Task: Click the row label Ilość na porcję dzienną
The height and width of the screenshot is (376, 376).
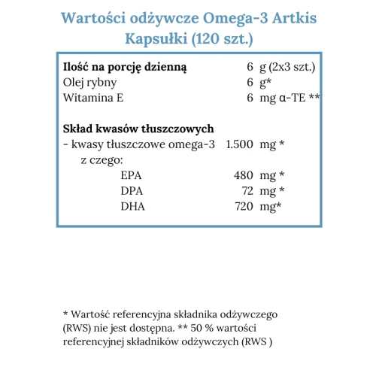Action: tap(126, 67)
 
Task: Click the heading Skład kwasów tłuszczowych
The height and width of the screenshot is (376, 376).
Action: tap(140, 129)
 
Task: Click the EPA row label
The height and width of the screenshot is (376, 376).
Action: tap(130, 175)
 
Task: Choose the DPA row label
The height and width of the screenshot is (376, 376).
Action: tap(131, 191)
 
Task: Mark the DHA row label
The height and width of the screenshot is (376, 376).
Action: tap(132, 206)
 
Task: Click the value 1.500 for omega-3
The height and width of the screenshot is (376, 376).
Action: tap(240, 144)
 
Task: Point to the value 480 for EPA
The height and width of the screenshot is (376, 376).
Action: tap(244, 175)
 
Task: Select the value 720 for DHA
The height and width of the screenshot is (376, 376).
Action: tap(244, 206)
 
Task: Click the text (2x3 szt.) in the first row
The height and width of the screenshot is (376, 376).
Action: tap(292, 67)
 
